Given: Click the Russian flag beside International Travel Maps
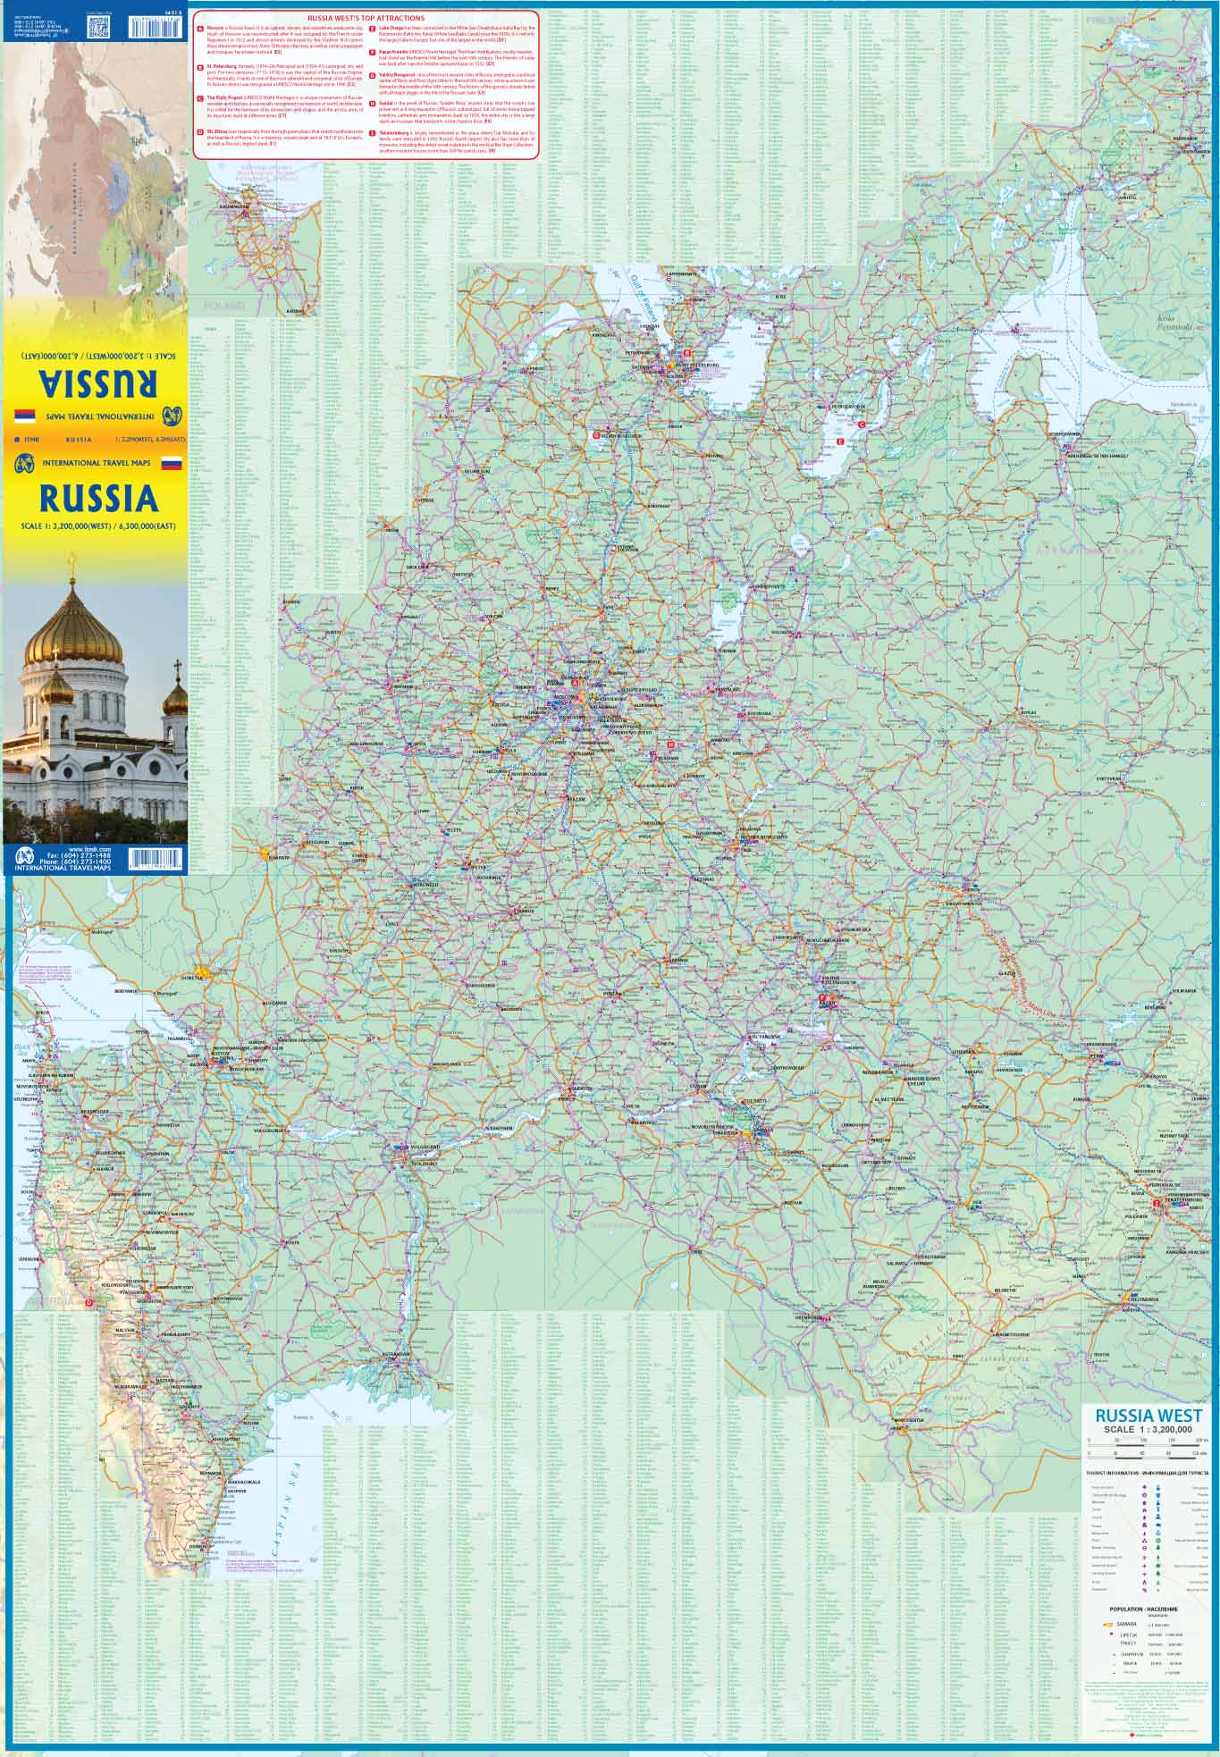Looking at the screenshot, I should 170,464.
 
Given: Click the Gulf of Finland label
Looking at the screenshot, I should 647,300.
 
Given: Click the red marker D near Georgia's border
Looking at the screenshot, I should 89,1302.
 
